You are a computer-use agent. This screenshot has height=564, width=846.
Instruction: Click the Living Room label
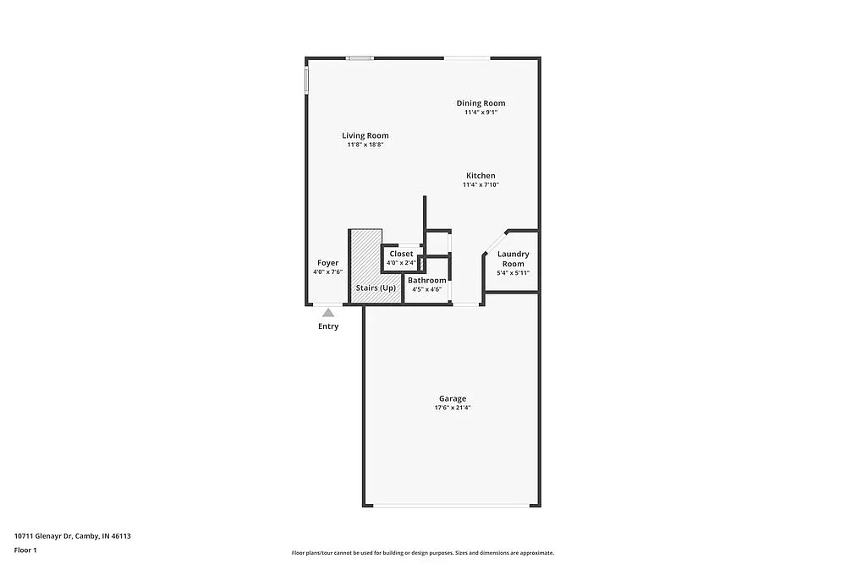365,135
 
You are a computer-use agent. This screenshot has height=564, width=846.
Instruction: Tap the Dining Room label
481,103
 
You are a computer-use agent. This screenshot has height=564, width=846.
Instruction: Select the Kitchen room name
481,176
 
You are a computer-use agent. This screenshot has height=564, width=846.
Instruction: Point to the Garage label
452,398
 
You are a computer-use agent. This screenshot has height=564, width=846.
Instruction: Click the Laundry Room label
513,259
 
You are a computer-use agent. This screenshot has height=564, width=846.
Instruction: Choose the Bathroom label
426,280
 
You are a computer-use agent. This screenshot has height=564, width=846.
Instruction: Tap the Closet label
401,254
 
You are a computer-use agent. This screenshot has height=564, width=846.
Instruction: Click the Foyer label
327,263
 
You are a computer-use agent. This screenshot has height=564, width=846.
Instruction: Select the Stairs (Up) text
376,288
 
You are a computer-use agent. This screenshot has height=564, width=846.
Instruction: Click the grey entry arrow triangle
327,313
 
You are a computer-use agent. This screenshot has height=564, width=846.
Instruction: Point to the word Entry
327,326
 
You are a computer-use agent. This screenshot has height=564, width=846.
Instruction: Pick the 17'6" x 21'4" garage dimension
452,408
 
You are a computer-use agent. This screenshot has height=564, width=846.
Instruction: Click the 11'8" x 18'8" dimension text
365,145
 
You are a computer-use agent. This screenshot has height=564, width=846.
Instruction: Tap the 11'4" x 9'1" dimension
481,112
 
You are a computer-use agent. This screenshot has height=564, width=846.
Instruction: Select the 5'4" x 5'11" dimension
513,272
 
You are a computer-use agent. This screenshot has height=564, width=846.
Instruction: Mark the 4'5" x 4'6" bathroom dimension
426,289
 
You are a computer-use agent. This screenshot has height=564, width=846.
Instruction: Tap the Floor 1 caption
25,550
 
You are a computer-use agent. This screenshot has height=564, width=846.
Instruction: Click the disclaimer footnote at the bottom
423,553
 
